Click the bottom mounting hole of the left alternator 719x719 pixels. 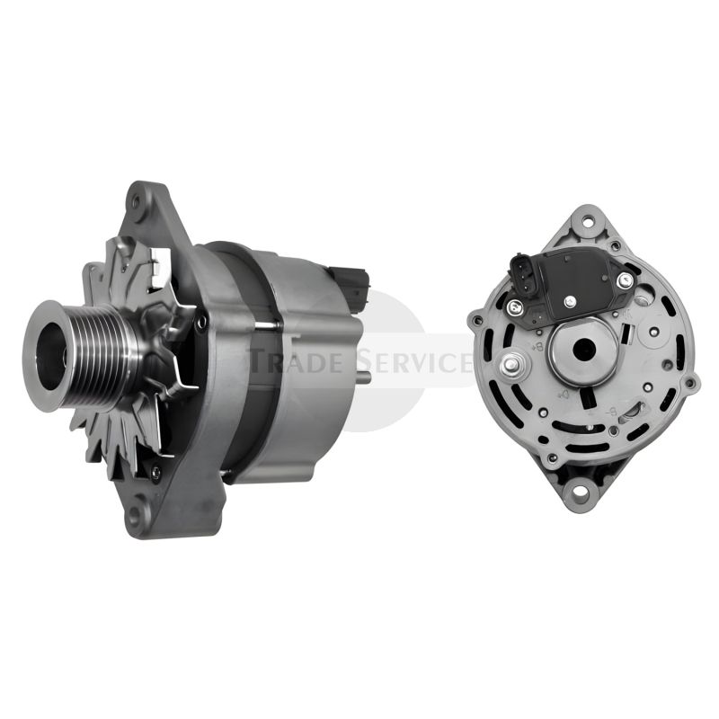(x=138, y=514)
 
